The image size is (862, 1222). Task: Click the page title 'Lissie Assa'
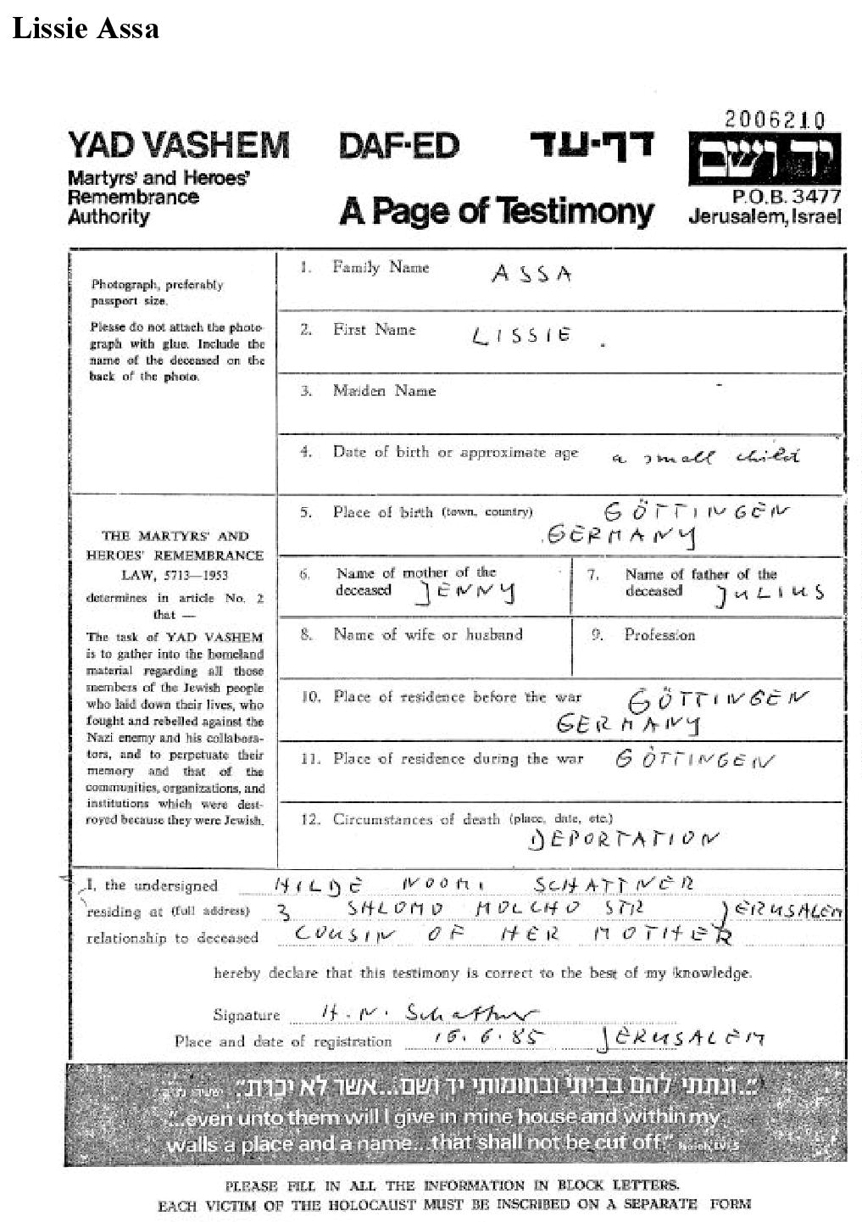click(x=86, y=28)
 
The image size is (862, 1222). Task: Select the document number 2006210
click(x=774, y=120)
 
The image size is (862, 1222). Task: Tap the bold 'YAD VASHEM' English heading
click(x=178, y=145)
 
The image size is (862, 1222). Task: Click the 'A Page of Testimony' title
click(x=497, y=211)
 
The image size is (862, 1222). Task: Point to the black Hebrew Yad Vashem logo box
click(x=764, y=159)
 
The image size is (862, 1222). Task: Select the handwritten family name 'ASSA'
click(x=532, y=274)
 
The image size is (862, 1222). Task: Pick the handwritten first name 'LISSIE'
click(x=521, y=337)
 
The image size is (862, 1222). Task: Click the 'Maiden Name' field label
click(x=384, y=391)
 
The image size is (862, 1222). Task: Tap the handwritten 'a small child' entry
click(x=705, y=457)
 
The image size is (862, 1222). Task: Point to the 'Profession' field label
click(x=659, y=635)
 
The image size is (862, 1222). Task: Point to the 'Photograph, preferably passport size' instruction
click(x=157, y=293)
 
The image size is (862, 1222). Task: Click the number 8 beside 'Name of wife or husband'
click(x=306, y=634)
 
